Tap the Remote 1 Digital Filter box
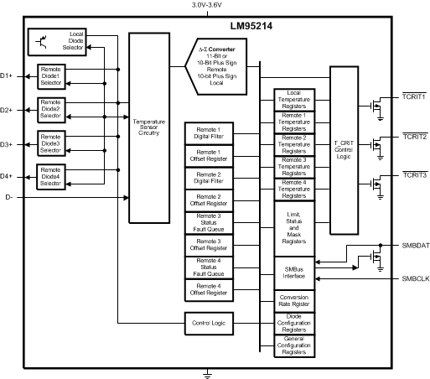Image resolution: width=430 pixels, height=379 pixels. click(x=208, y=132)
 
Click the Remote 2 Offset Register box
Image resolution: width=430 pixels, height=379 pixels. click(x=208, y=200)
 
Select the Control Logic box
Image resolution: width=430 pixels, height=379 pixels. click(x=208, y=322)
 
